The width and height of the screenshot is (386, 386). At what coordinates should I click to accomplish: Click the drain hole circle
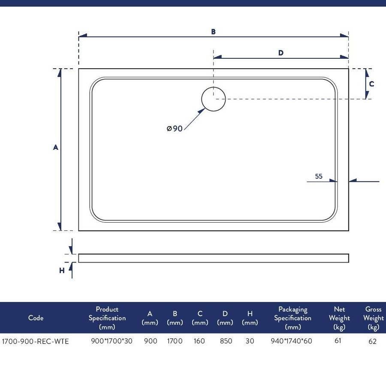pyautogui.click(x=214, y=87)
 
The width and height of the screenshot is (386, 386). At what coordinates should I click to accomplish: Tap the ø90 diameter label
pyautogui.click(x=175, y=129)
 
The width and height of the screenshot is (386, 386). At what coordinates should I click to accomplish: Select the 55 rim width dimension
pyautogui.click(x=319, y=176)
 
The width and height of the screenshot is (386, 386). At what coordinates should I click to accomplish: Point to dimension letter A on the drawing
pyautogui.click(x=56, y=147)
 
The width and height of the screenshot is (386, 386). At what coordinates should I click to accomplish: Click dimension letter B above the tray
pyautogui.click(x=214, y=32)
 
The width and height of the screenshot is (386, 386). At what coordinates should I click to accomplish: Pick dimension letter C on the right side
pyautogui.click(x=371, y=84)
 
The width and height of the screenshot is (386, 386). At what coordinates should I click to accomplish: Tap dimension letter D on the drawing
pyautogui.click(x=281, y=53)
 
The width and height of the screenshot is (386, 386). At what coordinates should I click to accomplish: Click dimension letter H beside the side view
pyautogui.click(x=62, y=271)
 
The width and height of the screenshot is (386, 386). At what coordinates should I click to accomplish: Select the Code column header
pyautogui.click(x=36, y=318)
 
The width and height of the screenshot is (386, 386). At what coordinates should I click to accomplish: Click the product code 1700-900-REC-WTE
pyautogui.click(x=35, y=341)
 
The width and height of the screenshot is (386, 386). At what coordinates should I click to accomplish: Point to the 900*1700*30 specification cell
pyautogui.click(x=112, y=341)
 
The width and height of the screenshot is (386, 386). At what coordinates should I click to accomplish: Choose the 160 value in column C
pyautogui.click(x=199, y=341)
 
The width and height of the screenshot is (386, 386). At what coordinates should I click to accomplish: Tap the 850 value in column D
pyautogui.click(x=226, y=341)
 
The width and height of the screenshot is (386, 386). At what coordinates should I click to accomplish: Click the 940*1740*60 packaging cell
pyautogui.click(x=291, y=341)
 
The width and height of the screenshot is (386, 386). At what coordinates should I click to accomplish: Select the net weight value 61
pyautogui.click(x=338, y=341)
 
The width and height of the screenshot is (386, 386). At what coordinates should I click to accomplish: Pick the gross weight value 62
pyautogui.click(x=373, y=341)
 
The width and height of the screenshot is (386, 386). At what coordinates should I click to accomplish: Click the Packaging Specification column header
pyautogui.click(x=293, y=318)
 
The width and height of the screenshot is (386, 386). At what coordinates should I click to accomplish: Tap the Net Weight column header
pyautogui.click(x=339, y=318)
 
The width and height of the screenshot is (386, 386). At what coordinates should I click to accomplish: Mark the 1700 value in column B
pyautogui.click(x=175, y=341)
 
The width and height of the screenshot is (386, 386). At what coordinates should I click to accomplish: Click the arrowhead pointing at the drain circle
pyautogui.click(x=202, y=111)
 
